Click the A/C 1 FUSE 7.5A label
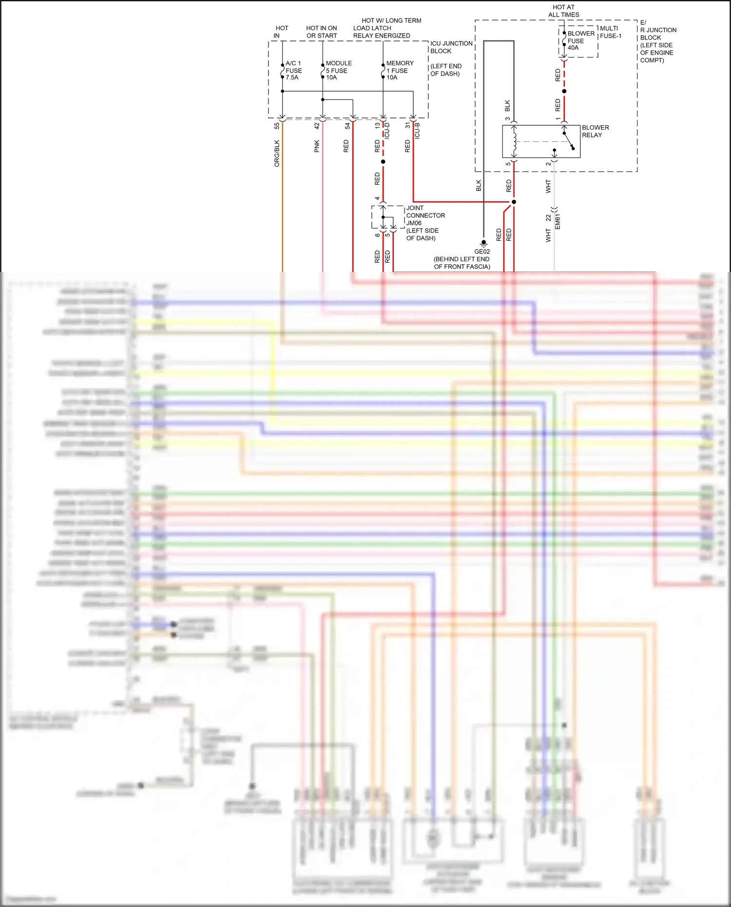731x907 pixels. pos(293,70)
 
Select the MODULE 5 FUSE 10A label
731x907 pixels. pos(338,70)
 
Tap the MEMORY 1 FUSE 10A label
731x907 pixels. pos(399,70)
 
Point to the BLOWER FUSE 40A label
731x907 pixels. pos(580,40)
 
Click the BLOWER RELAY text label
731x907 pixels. pos(595,131)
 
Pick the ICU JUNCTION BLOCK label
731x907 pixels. pos(451,47)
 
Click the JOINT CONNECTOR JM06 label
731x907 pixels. pos(425,215)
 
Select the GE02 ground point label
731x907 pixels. pos(482,251)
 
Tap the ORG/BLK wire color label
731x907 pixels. pos(277,153)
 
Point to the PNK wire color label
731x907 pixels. pos(317,146)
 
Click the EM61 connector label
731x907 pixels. pos(558,221)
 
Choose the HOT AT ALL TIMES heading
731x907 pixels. pos(563,11)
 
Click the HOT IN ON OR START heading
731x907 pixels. pos(321,32)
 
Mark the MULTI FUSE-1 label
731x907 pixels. pos(610,32)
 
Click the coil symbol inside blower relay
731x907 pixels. pos(514,141)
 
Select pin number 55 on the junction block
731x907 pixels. pos(277,125)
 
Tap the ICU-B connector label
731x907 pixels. pos(417,131)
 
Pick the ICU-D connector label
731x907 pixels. pos(387,131)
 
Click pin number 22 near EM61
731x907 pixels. pos(548,218)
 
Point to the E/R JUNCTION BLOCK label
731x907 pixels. pos(657,41)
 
